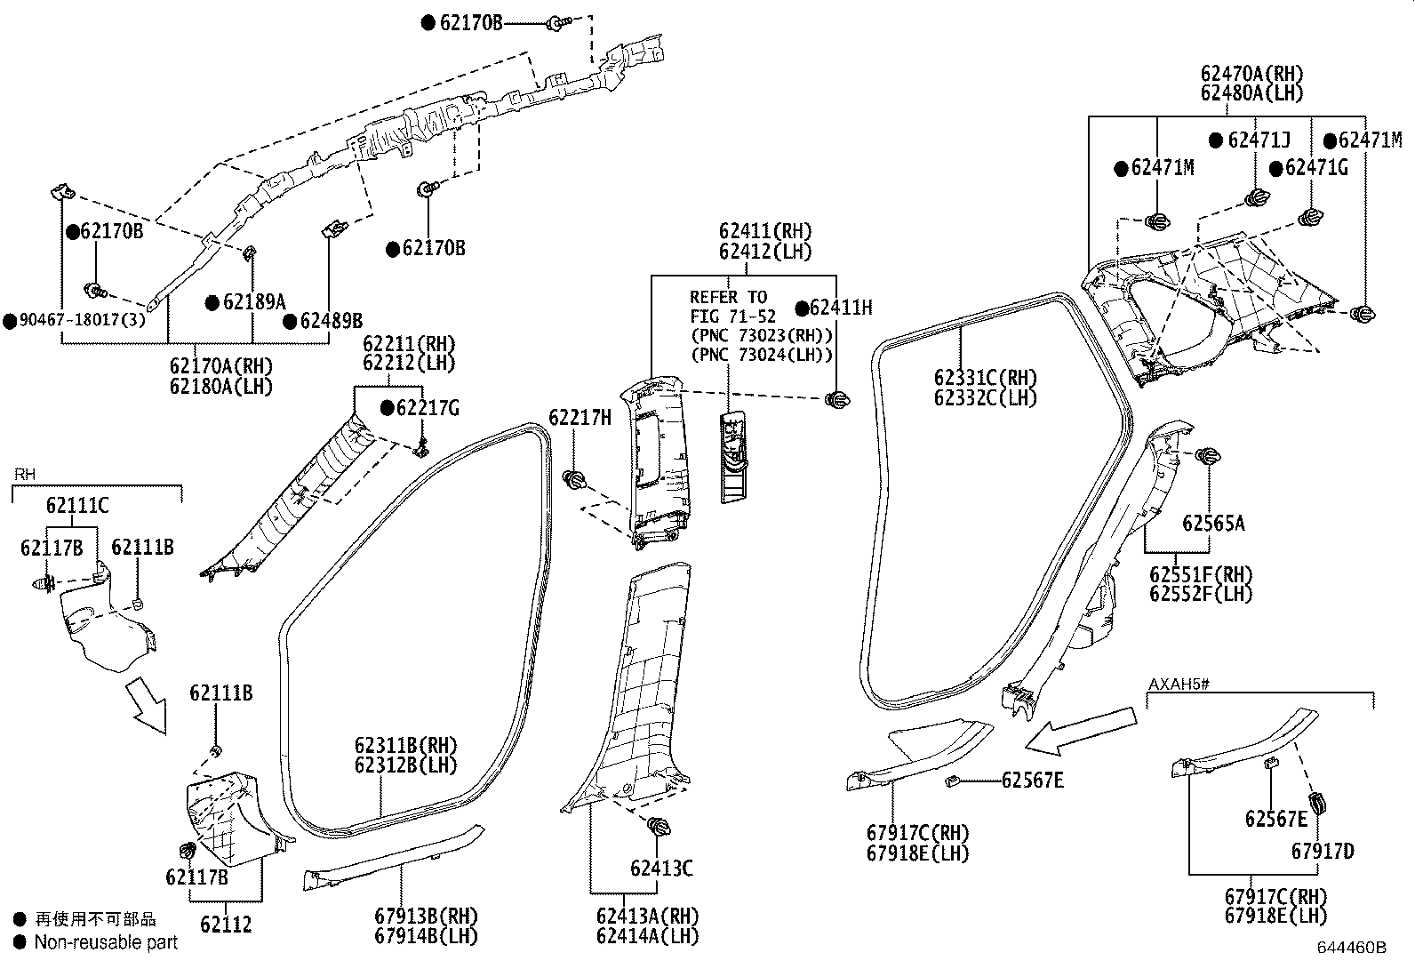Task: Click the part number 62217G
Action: click(428, 408)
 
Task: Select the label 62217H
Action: click(580, 417)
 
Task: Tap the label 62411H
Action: click(841, 308)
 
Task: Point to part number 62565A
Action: click(1213, 524)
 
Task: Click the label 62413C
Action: click(661, 869)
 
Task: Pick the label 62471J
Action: click(1259, 140)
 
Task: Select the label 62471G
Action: click(1316, 167)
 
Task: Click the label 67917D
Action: click(1323, 852)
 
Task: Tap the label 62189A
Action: click(254, 302)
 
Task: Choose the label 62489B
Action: click(331, 321)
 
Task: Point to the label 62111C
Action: click(77, 506)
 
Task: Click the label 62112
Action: click(226, 925)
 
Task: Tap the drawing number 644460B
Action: click(1352, 948)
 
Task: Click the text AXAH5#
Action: click(1179, 684)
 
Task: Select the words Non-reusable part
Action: click(106, 942)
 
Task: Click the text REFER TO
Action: click(728, 297)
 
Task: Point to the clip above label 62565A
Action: click(1207, 456)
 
